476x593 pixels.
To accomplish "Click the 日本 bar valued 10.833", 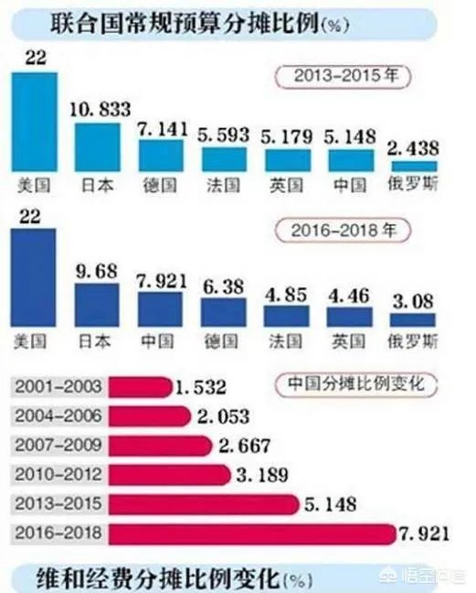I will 97,146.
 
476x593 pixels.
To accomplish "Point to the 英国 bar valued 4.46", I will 350,317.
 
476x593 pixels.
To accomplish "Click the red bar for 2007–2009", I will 156,447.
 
